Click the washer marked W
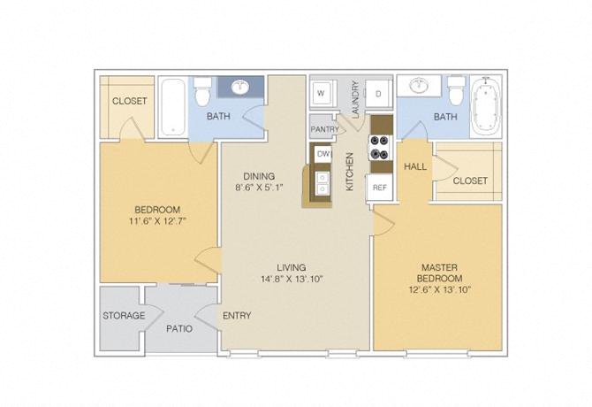320,93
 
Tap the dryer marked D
378,93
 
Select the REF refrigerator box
380,188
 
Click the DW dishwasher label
323,154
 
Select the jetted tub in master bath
485,107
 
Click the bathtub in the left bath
171,108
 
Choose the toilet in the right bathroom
456,90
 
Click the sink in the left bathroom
239,87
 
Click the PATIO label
179,328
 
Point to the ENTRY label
237,315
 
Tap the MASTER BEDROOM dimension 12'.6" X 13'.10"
442,289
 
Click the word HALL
415,166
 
